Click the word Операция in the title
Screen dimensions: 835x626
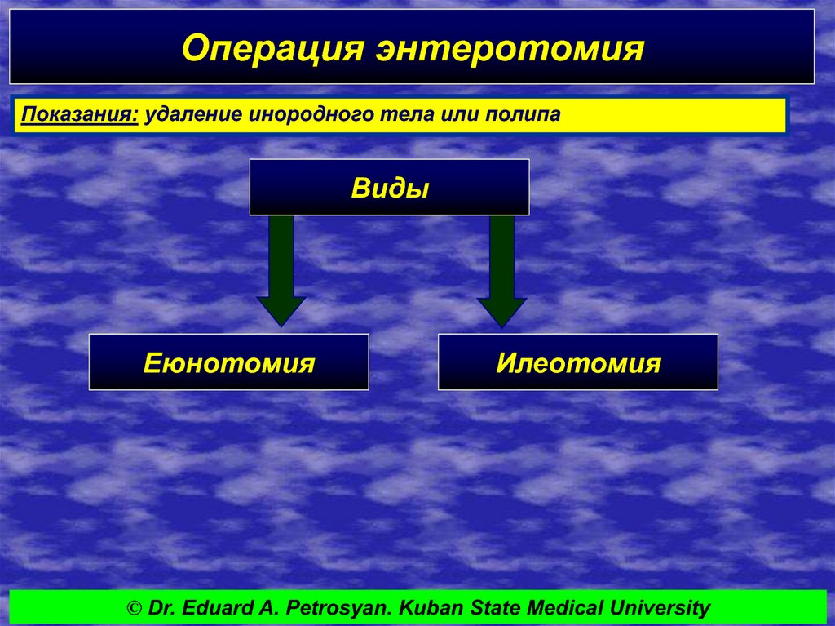click(x=273, y=49)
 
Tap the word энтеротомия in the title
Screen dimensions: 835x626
click(x=510, y=49)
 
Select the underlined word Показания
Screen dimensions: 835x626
click(x=80, y=114)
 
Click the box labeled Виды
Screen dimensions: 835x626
click(x=389, y=187)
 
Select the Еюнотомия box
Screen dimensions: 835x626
click(x=229, y=362)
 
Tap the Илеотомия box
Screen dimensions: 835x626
click(x=578, y=362)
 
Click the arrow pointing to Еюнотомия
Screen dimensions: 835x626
click(x=281, y=271)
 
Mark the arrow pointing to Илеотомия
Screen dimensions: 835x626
click(x=501, y=271)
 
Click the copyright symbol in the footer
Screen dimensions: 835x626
click(x=135, y=608)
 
